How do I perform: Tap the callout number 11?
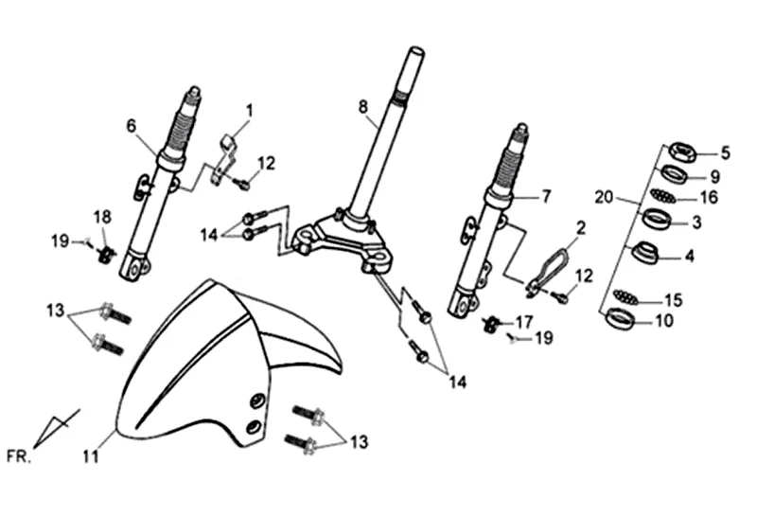[x=90, y=455]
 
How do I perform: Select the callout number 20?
[x=604, y=197]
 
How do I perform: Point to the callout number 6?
[x=132, y=125]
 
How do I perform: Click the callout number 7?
[x=546, y=197]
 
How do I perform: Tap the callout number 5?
[x=726, y=152]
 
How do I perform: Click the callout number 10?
[x=663, y=321]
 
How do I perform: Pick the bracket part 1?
[x=223, y=156]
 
